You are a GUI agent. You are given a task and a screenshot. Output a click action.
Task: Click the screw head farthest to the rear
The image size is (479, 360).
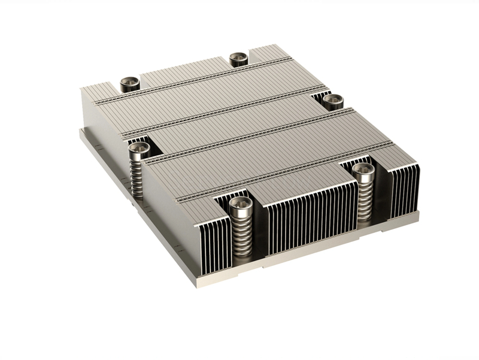click(x=238, y=58)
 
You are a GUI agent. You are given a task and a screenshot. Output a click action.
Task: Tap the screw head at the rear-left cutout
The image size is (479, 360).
click(x=130, y=83)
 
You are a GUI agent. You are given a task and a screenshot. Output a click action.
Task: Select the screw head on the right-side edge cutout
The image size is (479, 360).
click(x=333, y=100)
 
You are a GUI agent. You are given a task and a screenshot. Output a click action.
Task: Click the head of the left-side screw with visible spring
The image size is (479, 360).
click(x=139, y=149)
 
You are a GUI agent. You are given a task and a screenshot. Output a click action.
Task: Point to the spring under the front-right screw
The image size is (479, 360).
click(x=364, y=201)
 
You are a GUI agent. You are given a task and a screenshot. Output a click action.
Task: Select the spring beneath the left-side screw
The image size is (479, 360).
click(x=138, y=177)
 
